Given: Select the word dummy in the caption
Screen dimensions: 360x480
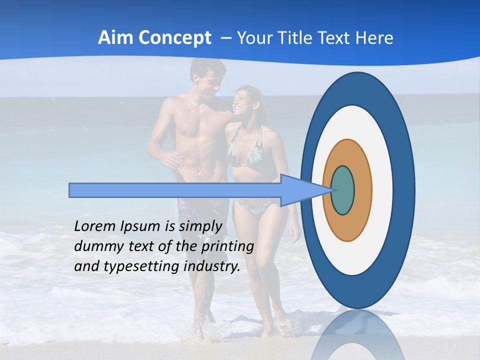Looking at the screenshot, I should [96, 246].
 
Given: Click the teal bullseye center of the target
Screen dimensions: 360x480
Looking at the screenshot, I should [343, 190].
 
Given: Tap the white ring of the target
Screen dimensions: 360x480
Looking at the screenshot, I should [382, 190].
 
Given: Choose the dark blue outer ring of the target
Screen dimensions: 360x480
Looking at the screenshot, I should [404, 190].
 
